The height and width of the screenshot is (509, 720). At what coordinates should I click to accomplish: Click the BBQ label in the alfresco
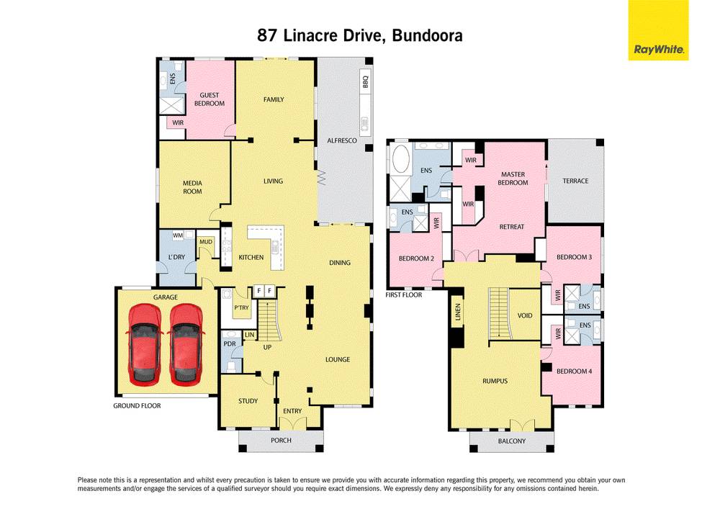tap(365, 85)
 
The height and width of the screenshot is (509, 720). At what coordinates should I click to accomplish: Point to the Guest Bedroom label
tap(209, 99)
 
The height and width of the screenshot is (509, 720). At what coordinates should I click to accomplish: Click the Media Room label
tap(192, 187)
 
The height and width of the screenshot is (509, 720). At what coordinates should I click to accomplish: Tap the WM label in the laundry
tap(177, 235)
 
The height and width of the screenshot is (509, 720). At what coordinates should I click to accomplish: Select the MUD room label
tap(206, 242)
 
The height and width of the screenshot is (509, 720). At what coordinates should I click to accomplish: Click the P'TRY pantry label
tap(240, 308)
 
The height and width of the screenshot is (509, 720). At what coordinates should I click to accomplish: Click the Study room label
tap(248, 401)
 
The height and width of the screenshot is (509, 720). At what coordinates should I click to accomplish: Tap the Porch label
tap(280, 439)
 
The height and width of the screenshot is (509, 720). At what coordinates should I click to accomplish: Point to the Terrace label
tap(575, 181)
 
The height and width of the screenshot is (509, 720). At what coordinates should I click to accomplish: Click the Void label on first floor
tap(524, 316)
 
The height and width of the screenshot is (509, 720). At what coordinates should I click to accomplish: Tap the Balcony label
tap(511, 441)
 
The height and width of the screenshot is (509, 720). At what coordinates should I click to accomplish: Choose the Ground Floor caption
tap(137, 406)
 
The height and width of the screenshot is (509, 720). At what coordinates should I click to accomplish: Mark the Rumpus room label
tap(495, 381)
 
